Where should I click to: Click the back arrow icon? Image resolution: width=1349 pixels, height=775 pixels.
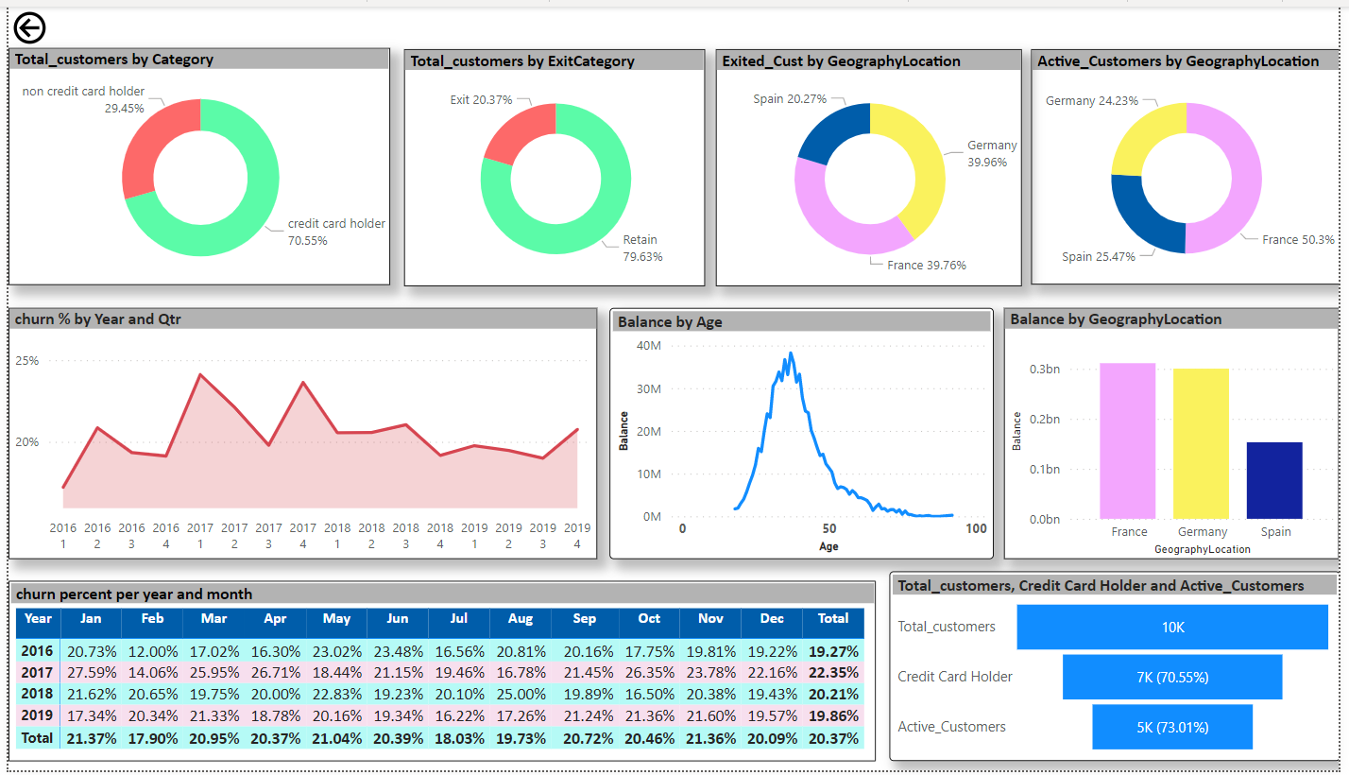pyautogui.click(x=30, y=28)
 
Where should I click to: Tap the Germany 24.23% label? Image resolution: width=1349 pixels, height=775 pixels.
pyautogui.click(x=1091, y=101)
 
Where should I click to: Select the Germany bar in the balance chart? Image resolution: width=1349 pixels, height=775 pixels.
pyautogui.click(x=1202, y=443)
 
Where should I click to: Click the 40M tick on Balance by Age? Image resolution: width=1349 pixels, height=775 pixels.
pyautogui.click(x=649, y=346)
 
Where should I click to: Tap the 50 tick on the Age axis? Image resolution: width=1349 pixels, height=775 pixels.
pyautogui.click(x=829, y=528)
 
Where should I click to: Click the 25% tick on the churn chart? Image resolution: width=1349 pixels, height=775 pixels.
pyautogui.click(x=27, y=360)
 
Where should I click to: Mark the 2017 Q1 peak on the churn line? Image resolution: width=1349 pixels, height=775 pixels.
pyautogui.click(x=199, y=375)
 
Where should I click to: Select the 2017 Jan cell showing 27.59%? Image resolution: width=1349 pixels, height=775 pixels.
pyautogui.click(x=91, y=673)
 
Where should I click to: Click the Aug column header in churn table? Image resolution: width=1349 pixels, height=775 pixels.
pyautogui.click(x=520, y=618)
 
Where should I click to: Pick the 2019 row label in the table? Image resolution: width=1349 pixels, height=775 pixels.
pyautogui.click(x=38, y=715)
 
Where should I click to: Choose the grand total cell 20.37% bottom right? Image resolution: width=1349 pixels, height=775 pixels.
pyautogui.click(x=832, y=738)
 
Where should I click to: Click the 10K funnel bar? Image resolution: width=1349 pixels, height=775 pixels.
pyautogui.click(x=1172, y=627)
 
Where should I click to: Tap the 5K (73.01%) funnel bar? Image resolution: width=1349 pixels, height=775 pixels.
pyautogui.click(x=1172, y=727)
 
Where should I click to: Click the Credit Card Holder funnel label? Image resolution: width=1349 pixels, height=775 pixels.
pyautogui.click(x=955, y=677)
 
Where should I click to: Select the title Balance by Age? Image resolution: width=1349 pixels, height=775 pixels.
pyautogui.click(x=670, y=322)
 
